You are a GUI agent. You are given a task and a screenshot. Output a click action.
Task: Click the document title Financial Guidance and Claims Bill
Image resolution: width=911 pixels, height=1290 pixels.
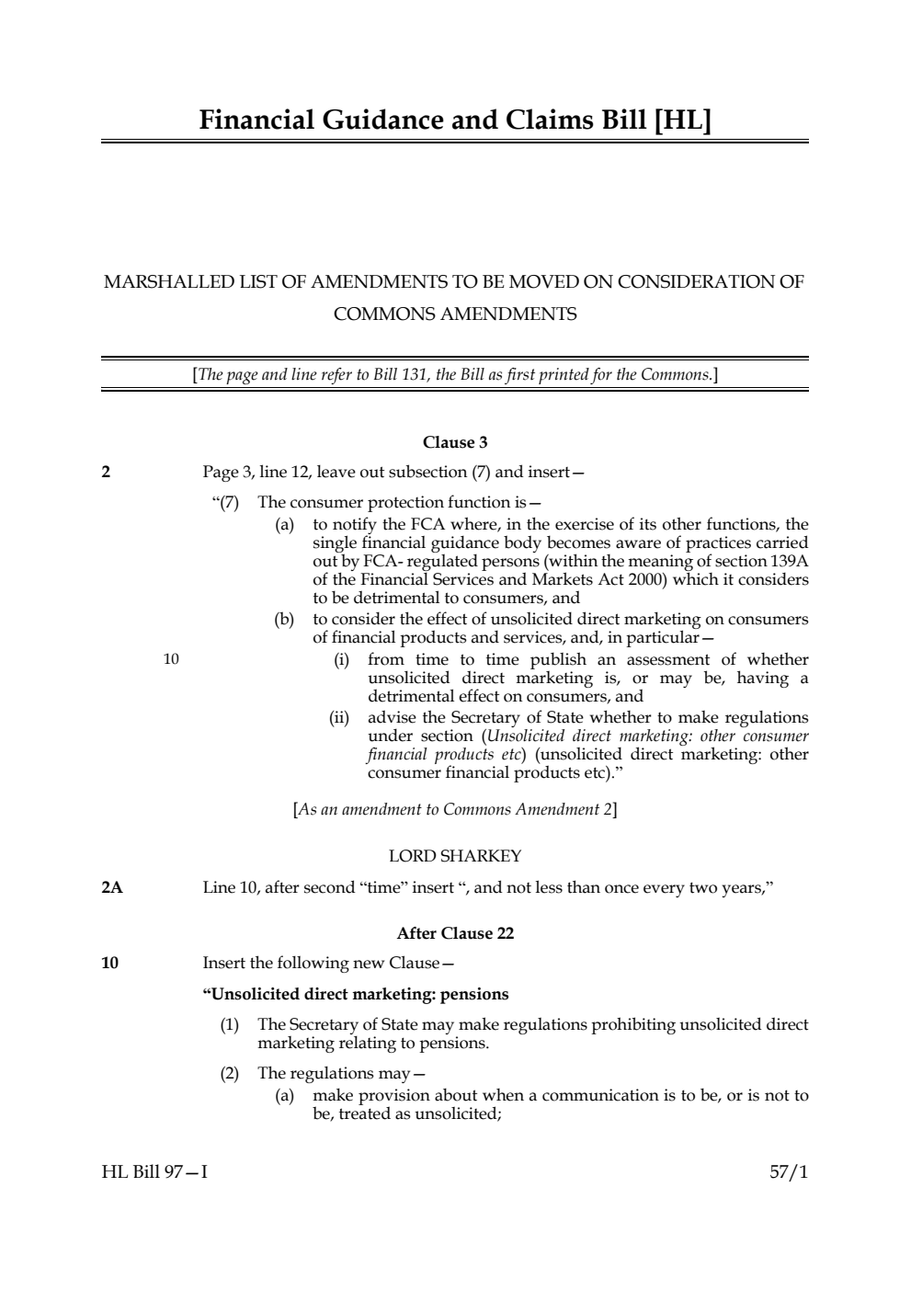(455, 120)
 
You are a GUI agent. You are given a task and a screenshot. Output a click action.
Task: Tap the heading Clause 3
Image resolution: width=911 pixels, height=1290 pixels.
(455, 442)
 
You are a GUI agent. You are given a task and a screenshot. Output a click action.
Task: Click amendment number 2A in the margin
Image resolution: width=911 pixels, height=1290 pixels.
(112, 887)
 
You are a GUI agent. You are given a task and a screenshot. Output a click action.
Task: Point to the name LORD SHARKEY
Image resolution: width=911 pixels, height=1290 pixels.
(455, 856)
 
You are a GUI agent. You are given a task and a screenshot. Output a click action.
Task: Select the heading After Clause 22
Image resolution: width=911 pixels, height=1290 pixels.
(455, 933)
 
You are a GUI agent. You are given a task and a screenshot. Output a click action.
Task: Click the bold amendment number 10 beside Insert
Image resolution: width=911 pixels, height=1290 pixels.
(109, 964)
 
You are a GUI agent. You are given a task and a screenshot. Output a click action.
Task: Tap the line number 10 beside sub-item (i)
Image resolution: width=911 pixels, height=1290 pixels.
(171, 659)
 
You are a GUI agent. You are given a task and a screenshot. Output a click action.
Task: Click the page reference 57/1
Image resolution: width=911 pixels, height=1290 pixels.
(789, 1172)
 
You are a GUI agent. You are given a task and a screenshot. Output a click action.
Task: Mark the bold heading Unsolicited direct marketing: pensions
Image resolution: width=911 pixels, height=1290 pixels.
(356, 994)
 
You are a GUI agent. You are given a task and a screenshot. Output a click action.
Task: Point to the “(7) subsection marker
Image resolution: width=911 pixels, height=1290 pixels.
(225, 502)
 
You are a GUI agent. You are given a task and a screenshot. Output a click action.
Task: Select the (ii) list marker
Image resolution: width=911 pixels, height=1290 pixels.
(339, 717)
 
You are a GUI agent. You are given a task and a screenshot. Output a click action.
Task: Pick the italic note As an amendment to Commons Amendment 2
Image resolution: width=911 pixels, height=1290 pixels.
(455, 809)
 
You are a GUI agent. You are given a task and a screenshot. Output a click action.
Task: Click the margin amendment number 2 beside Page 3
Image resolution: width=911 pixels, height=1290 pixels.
(106, 473)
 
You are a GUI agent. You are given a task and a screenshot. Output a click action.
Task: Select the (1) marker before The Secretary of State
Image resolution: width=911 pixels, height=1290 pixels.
(229, 1024)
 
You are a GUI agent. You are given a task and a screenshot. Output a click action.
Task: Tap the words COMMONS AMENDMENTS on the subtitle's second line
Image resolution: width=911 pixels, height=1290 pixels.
(455, 314)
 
